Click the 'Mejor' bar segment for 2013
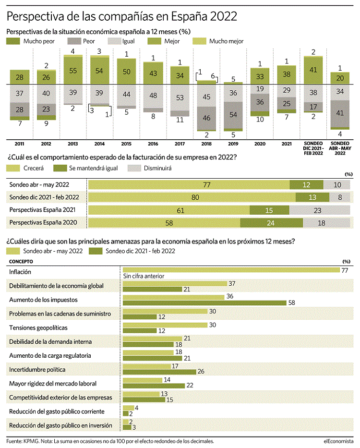click(73, 71)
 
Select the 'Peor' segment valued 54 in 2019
click(233, 115)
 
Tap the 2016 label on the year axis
click(153, 144)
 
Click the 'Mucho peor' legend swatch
click(13, 41)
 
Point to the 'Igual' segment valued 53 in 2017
click(180, 97)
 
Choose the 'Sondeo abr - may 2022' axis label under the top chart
click(340, 148)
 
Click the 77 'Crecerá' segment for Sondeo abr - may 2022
click(189, 185)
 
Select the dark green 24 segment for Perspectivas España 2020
click(271, 223)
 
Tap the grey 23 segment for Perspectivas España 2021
click(320, 210)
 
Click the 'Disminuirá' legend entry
click(150, 168)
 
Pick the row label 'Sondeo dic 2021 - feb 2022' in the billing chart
click(44, 197)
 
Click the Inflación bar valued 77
click(231, 270)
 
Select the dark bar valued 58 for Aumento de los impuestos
click(204, 303)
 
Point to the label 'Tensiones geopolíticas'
click(38, 327)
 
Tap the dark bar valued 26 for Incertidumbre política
click(159, 372)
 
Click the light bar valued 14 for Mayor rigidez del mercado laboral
click(143, 380)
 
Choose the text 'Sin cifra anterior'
click(144, 276)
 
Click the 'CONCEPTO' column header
click(21, 261)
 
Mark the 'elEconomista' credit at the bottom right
click(338, 441)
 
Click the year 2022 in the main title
click(224, 16)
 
